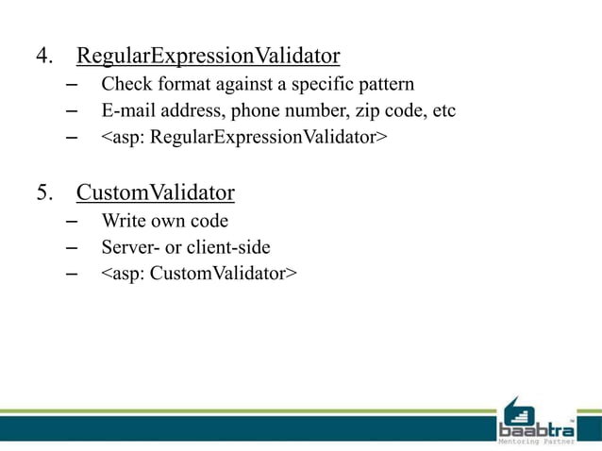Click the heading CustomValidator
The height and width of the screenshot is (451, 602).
coord(155,193)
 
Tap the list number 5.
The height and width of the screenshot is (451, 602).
coord(44,193)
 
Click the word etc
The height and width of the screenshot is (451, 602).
coord(443,111)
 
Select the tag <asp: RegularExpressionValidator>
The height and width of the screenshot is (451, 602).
coord(244,138)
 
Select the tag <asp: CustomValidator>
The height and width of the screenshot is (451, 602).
coord(199,275)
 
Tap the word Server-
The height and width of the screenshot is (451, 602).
coord(130,248)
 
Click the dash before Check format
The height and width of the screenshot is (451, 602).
coord(72,85)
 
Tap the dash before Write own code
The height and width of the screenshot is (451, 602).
coord(72,222)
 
